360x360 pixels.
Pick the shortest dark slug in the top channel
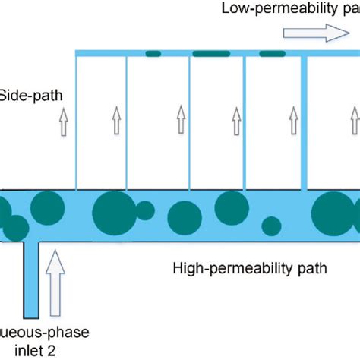[153, 53]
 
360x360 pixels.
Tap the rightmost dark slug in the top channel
[272, 53]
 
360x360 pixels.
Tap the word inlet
[16, 351]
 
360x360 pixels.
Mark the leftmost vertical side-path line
[77, 122]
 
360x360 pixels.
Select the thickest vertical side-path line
[305, 122]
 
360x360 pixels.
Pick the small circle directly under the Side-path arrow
[65, 205]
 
